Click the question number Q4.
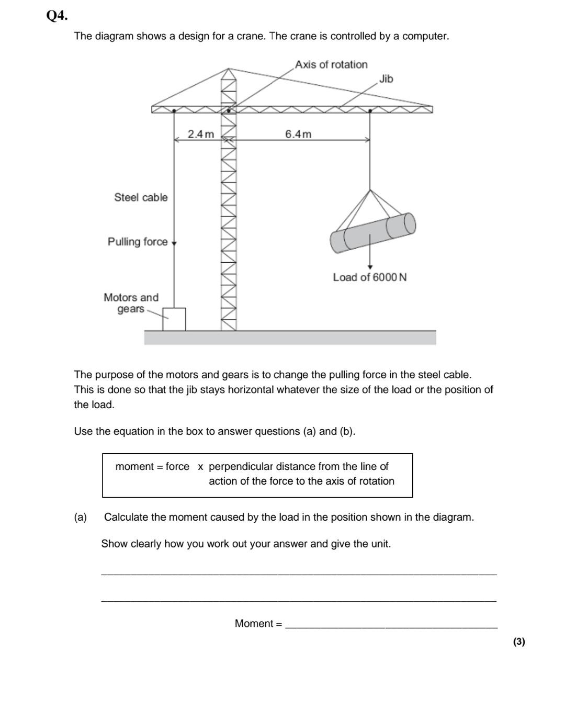pos(57,16)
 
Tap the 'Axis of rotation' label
pos(331,64)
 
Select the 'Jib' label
pos(386,78)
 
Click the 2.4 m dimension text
pos(201,134)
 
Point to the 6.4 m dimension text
pos(298,134)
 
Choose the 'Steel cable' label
pos(141,197)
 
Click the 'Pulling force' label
pos(138,242)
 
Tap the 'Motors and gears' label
pos(131,303)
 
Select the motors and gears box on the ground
pos(174,319)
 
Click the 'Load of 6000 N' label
pos(369,277)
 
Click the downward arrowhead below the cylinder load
pos(370,267)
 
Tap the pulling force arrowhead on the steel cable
pos(174,243)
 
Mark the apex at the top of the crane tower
pos(228,69)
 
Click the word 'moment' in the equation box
pos(134,466)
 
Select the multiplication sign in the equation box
pos(200,467)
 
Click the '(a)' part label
pos(80,517)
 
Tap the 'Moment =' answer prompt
pos(258,623)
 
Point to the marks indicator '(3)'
pos(518,642)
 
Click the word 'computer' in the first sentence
pos(424,36)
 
